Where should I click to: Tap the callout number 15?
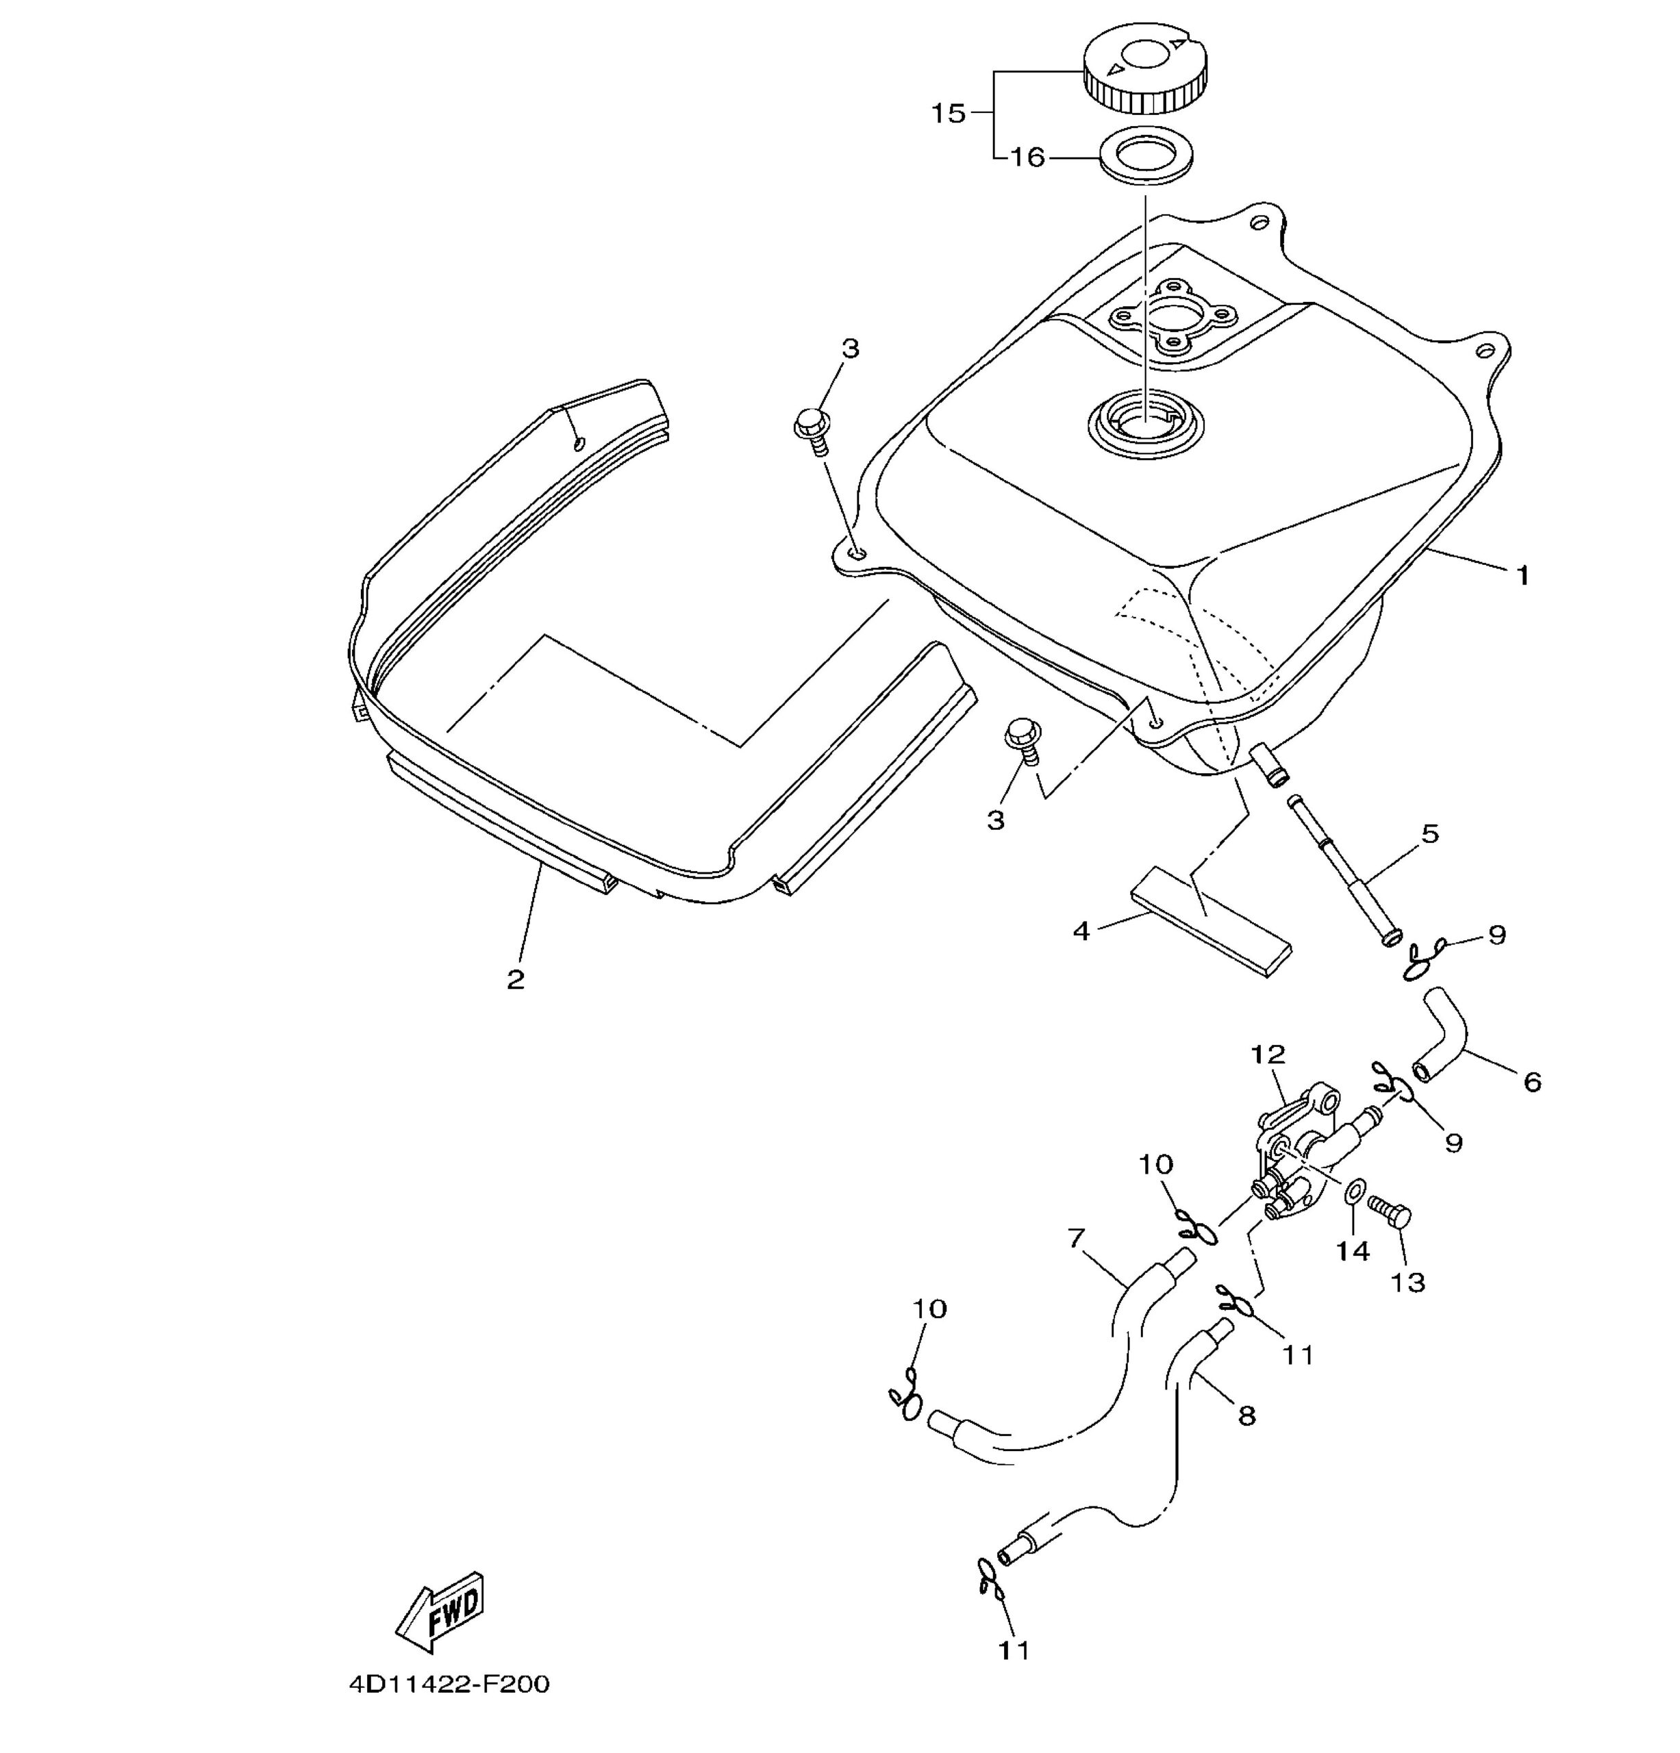[x=949, y=114]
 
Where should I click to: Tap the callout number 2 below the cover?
[x=515, y=979]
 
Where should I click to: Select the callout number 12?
[x=1268, y=1055]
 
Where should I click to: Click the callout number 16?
[x=1028, y=157]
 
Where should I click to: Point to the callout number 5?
[x=1431, y=833]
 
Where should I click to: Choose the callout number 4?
[x=1081, y=931]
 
